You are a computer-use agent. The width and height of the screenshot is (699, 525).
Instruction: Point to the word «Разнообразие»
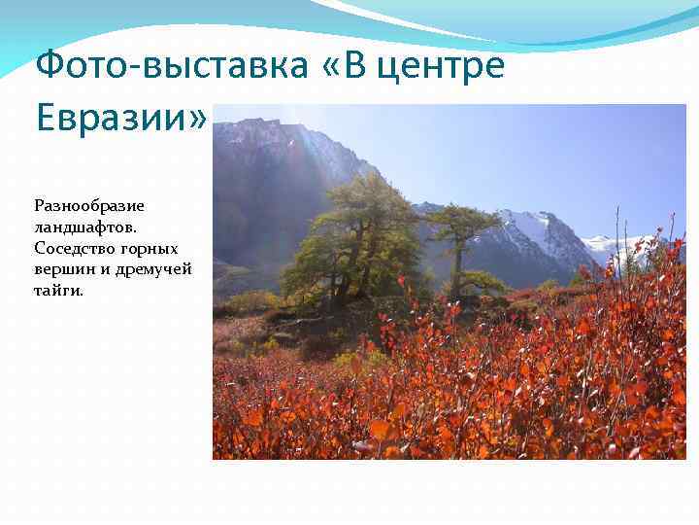click(89, 206)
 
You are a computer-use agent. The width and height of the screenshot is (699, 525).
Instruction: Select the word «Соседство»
click(74, 248)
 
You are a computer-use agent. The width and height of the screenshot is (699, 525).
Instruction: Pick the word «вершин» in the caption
click(60, 268)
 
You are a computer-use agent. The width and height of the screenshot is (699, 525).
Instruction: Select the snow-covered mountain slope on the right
click(544, 233)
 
